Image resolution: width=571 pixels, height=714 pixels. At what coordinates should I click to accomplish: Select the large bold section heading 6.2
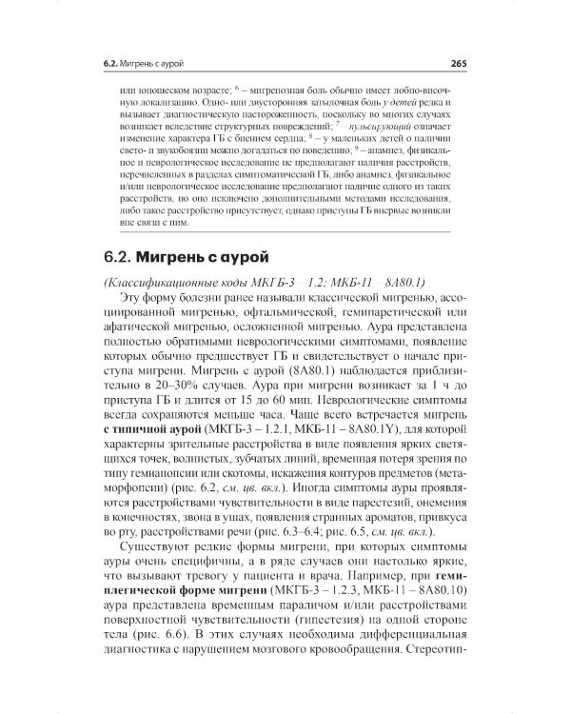coord(187,257)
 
